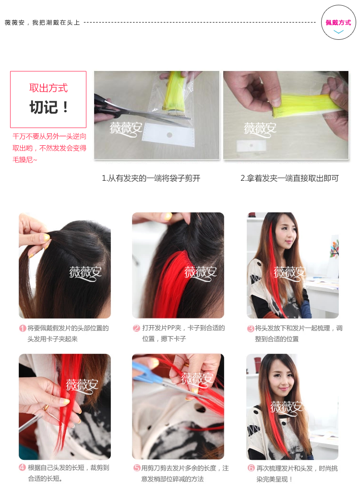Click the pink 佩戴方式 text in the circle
coord(338,23)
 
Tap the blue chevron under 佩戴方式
coord(339,32)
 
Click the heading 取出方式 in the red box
coord(48,88)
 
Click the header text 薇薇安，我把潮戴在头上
coord(42,23)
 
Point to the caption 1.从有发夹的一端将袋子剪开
coord(151,178)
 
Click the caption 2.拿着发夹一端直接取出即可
coord(289,178)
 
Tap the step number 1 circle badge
coord(23,328)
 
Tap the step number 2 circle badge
coord(137,328)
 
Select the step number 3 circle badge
coord(251,328)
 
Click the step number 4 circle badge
coord(23,468)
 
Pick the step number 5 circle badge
coord(137,468)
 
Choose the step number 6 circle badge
coord(251,468)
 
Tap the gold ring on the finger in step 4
coord(46,408)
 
